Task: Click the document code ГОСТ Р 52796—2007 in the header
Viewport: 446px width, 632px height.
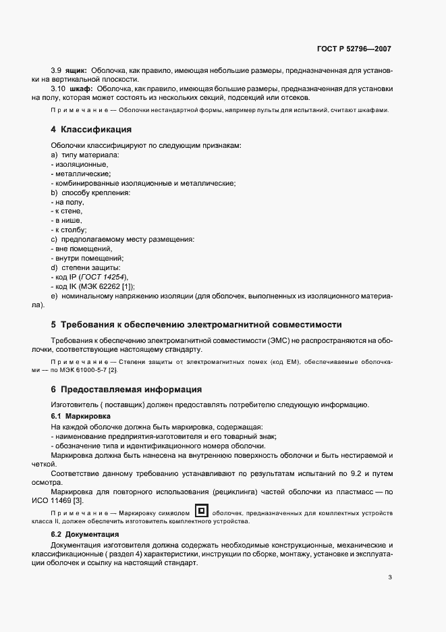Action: tap(354, 49)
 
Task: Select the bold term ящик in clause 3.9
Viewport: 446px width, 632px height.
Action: tap(76, 70)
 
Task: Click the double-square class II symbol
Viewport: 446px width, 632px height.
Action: tap(201, 510)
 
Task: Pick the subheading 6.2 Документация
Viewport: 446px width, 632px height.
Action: tap(85, 534)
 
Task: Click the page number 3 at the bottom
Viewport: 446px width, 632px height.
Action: tap(391, 577)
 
